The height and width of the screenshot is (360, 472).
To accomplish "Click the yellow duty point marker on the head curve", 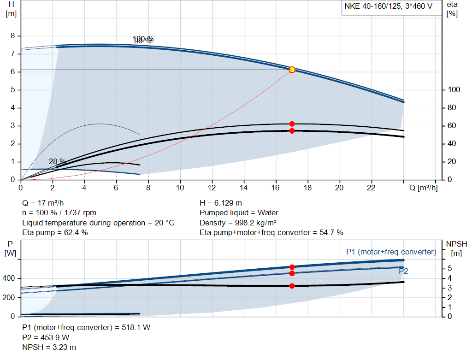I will coord(292,70).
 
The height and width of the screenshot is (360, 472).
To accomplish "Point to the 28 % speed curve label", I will coord(58,162).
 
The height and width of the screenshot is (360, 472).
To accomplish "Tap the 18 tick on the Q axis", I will coord(307,188).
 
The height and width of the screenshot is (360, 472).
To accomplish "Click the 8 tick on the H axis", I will coord(13,36).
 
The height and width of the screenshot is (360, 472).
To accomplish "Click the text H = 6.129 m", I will coord(221,203).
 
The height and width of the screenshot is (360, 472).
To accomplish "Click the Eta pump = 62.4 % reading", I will coord(55,232).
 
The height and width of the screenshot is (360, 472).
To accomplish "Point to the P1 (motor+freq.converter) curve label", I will coord(391,252).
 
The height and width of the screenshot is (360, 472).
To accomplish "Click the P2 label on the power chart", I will coord(403,271).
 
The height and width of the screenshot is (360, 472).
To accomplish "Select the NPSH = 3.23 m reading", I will coord(49,347).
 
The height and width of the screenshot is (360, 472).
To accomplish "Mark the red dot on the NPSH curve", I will coord(292,286).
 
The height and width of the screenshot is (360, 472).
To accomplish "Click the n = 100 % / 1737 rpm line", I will coord(59,213).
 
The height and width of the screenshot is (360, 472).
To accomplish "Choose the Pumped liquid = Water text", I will coord(239,213).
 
